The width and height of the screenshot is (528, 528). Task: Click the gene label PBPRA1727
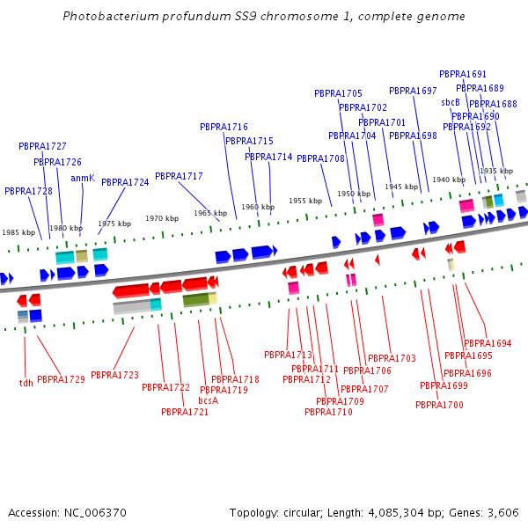click(42, 146)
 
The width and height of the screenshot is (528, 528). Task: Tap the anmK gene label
click(83, 178)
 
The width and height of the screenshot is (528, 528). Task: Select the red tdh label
click(26, 383)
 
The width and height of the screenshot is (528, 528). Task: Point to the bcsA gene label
click(208, 400)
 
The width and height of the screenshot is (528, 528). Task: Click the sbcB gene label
click(451, 102)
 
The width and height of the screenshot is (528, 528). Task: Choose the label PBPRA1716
click(224, 127)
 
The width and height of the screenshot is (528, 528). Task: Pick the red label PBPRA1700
click(439, 405)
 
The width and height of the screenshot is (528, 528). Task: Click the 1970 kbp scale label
click(162, 218)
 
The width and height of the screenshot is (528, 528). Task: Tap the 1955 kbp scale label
click(305, 201)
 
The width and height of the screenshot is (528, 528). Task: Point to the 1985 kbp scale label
click(18, 232)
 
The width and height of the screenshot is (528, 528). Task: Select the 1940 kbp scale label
click(449, 180)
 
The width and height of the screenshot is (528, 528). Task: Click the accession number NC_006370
click(95, 513)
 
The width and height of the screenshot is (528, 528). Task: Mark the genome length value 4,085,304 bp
click(396, 513)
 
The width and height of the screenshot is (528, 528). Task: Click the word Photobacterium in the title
click(111, 16)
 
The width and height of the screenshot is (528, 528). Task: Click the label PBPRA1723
click(114, 375)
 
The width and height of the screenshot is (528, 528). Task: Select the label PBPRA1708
click(320, 158)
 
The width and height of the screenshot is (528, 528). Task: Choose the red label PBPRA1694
click(488, 343)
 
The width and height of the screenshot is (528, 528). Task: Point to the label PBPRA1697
click(413, 91)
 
